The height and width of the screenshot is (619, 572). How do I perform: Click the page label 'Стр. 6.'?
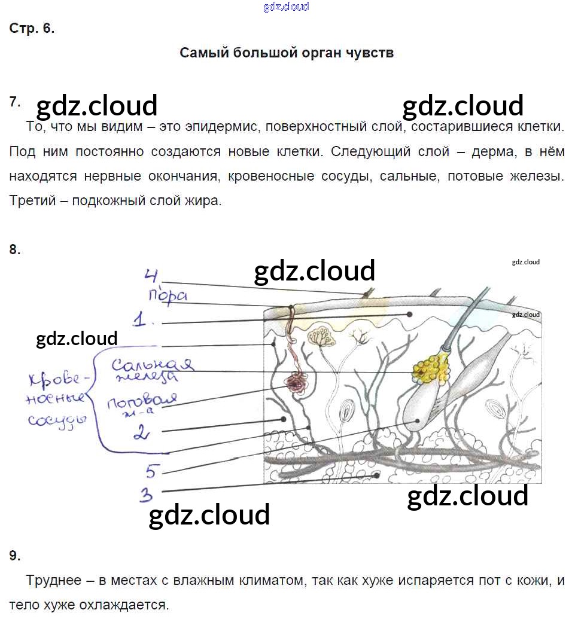pos(32,29)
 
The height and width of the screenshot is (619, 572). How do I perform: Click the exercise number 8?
pos(14,249)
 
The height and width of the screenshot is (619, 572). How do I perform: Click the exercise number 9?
pos(14,556)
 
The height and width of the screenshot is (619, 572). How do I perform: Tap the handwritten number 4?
pos(151,275)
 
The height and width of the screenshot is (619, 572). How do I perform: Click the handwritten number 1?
pos(139,319)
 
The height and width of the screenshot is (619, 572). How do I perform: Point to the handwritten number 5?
pos(153,471)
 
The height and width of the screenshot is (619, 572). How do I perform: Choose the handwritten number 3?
pos(146,495)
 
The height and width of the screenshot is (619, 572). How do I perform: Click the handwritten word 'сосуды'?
pos(57,421)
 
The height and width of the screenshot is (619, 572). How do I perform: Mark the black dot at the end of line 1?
pos(410,314)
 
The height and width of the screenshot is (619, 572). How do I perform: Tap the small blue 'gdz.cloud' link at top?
pos(286,7)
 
